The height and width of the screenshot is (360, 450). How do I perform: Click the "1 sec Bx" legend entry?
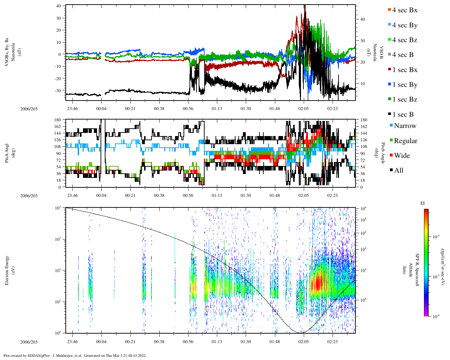point(404,70)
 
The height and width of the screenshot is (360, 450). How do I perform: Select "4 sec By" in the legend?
point(404,25)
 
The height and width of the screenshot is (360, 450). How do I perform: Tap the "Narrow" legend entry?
point(405,126)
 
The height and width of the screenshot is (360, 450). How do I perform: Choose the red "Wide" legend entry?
point(402,156)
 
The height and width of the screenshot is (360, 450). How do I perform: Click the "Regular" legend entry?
point(405,141)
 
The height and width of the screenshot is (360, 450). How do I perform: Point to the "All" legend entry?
point(398,171)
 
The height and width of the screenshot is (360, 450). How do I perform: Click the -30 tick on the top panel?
point(59,90)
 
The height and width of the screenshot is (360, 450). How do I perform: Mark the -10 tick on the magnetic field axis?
point(59,66)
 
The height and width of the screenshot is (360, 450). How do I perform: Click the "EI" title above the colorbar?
point(423,203)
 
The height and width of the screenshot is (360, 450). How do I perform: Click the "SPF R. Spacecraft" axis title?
point(418,270)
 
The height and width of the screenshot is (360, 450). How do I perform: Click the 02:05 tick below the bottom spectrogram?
point(304,342)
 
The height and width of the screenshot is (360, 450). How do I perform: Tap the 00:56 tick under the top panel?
point(188,109)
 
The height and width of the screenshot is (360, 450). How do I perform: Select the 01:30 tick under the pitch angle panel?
point(246,195)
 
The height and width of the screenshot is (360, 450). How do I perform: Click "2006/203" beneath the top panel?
point(29,109)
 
